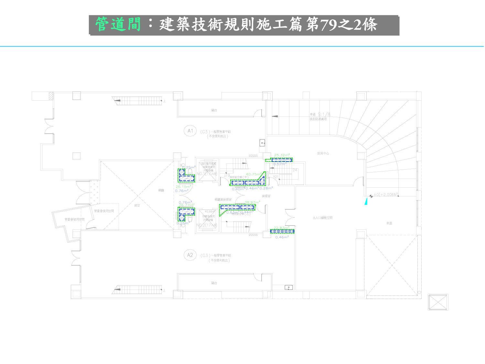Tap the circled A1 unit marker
[190, 131]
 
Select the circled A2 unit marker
[190, 255]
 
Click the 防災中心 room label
[323, 153]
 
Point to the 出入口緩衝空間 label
[322, 218]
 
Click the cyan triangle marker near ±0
[366, 202]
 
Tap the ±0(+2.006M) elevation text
[386, 195]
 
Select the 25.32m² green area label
[282, 155]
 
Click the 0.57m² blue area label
[280, 164]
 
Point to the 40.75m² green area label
[254, 174]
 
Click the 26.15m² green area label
[184, 187]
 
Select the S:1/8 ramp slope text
[324, 114]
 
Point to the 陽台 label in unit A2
[214, 283]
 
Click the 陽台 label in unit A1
[214, 110]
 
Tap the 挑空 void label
[137, 205]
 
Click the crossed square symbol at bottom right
[438, 303]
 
